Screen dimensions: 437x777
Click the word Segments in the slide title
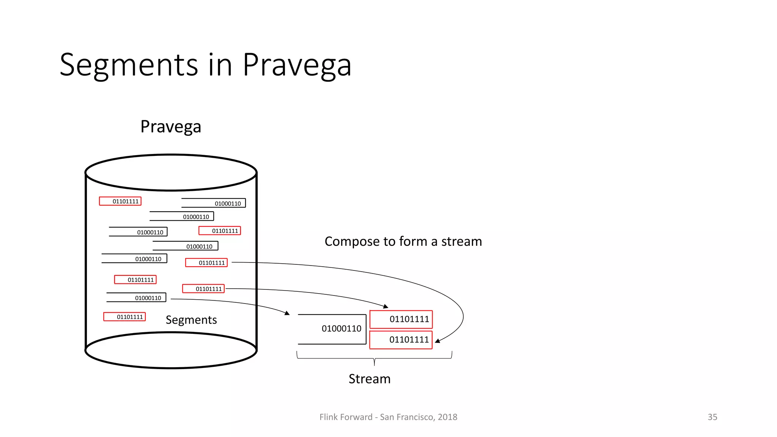[x=129, y=65]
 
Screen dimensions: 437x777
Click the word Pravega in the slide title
[x=297, y=65]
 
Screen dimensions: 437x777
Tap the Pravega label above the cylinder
[x=171, y=127]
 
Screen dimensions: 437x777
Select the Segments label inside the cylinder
[x=191, y=320]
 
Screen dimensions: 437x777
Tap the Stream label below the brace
[x=370, y=379]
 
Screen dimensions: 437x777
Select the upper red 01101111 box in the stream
[x=401, y=319]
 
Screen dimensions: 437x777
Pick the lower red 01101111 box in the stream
[x=401, y=340]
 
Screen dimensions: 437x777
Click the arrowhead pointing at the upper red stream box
[x=386, y=306]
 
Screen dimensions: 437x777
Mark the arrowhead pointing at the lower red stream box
[x=437, y=341]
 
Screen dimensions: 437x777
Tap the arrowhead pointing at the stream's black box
[x=287, y=313]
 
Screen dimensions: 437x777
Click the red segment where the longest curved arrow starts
[x=206, y=263]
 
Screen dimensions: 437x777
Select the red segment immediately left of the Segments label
[x=124, y=317]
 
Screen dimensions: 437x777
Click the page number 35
[x=712, y=417]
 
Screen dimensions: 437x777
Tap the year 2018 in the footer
[x=447, y=417]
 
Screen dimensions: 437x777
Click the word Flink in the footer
[x=328, y=417]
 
